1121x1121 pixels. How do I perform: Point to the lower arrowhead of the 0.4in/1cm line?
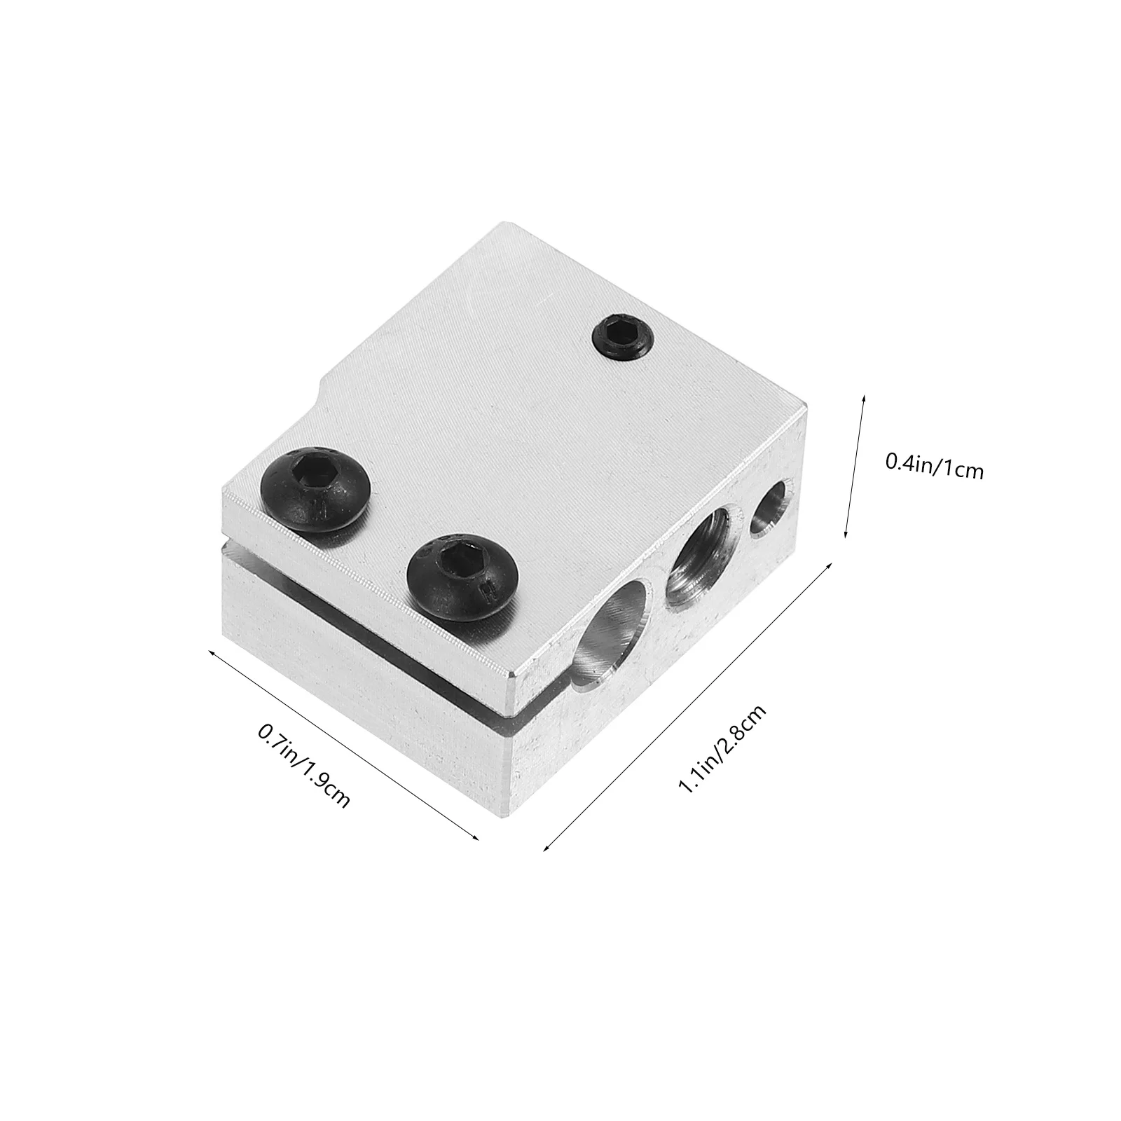(x=846, y=536)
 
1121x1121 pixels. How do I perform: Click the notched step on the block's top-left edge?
(x=322, y=389)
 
